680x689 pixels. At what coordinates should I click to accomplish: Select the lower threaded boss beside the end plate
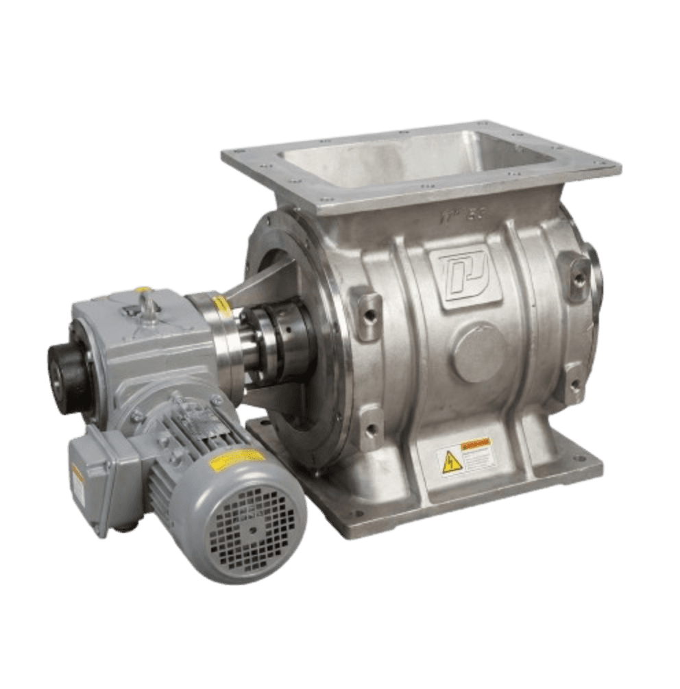370,425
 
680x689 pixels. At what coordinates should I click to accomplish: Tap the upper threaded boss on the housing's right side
576,274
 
